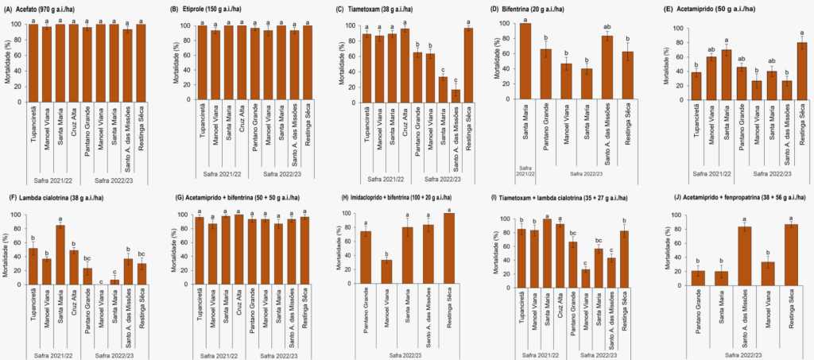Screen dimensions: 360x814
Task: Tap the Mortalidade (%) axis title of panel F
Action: point(9,250)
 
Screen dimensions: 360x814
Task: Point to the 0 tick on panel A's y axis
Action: point(18,102)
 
